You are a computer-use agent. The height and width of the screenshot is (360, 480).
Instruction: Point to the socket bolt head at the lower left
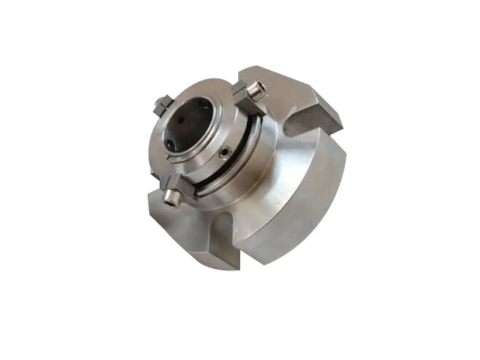click(173, 195)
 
